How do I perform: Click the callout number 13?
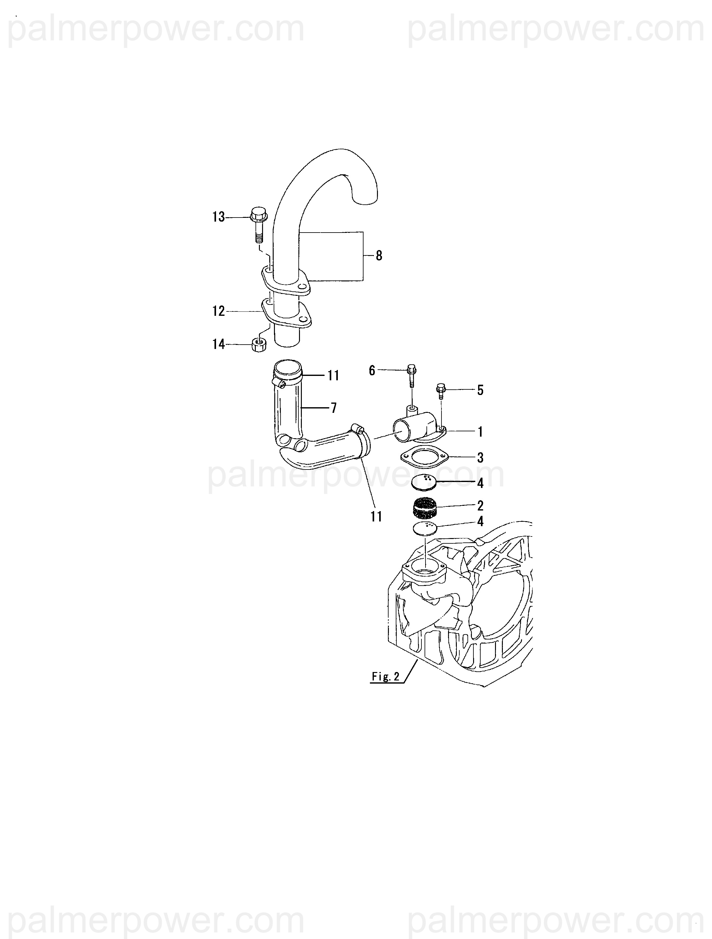point(218,217)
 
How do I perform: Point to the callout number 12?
point(218,311)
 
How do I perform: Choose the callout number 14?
point(218,344)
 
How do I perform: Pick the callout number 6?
point(372,371)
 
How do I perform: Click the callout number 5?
point(480,390)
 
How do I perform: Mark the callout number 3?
point(480,458)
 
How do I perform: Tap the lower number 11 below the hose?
point(376,517)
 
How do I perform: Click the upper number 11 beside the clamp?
point(333,375)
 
